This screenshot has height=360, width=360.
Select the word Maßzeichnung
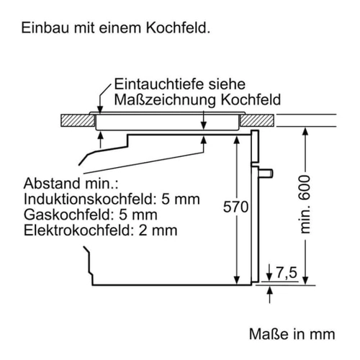pyautogui.click(x=165, y=100)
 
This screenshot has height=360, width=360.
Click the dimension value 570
pyautogui.click(x=235, y=207)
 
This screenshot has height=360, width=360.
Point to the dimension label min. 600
pyautogui.click(x=305, y=204)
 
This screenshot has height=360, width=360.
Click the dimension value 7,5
pyautogui.click(x=287, y=273)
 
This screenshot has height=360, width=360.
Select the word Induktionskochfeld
pyautogui.click(x=89, y=199)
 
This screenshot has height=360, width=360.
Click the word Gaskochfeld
pyautogui.click(x=67, y=215)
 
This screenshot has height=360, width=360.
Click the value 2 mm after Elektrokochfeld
pyautogui.click(x=158, y=230)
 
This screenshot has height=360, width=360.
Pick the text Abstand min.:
pyautogui.click(x=71, y=184)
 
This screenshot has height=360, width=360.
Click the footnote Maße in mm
pyautogui.click(x=292, y=334)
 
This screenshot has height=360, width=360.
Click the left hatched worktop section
pyautogui.click(x=78, y=120)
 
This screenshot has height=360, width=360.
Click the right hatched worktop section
pyautogui.click(x=257, y=120)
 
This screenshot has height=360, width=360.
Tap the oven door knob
pyautogui.click(x=266, y=173)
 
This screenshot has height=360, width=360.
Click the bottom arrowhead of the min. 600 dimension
pyautogui.click(x=305, y=280)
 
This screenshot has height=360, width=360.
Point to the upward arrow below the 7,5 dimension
pyautogui.click(x=270, y=294)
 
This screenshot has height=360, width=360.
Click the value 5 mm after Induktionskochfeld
pyautogui.click(x=181, y=199)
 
